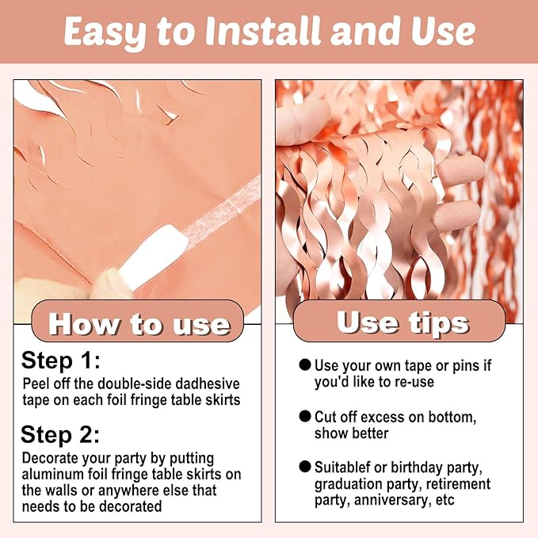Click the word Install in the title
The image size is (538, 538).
(x=264, y=31)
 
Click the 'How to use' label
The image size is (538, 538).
(x=139, y=324)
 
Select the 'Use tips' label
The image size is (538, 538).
(x=403, y=323)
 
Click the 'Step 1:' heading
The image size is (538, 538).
(x=61, y=361)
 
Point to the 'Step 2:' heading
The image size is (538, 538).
(x=60, y=434)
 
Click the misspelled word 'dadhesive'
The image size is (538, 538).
(x=208, y=383)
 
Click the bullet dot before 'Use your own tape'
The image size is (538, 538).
(x=305, y=364)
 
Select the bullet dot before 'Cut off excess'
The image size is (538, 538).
(x=305, y=416)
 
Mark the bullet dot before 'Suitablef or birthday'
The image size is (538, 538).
(x=305, y=467)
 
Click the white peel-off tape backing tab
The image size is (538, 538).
(x=153, y=254)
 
